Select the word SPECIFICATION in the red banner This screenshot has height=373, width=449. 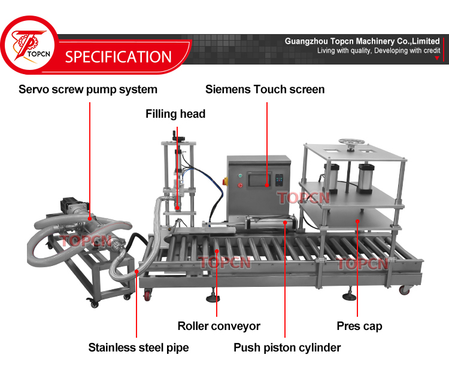click(x=119, y=57)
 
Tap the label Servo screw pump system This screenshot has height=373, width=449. click(x=88, y=90)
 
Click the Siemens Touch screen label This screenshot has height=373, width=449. click(x=265, y=90)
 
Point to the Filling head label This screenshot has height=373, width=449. click(x=175, y=114)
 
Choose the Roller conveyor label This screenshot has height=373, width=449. click(x=219, y=326)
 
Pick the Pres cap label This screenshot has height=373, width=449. click(x=359, y=326)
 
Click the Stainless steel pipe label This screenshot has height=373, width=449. click(x=138, y=347)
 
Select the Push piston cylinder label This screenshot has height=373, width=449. click(x=287, y=347)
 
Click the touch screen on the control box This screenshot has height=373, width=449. click(x=258, y=181)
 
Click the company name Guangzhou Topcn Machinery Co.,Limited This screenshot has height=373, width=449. click(x=362, y=41)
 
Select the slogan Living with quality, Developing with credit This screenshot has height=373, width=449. click(x=378, y=51)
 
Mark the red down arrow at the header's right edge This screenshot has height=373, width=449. click(x=437, y=59)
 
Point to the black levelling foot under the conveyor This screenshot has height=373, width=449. click(x=213, y=296)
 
